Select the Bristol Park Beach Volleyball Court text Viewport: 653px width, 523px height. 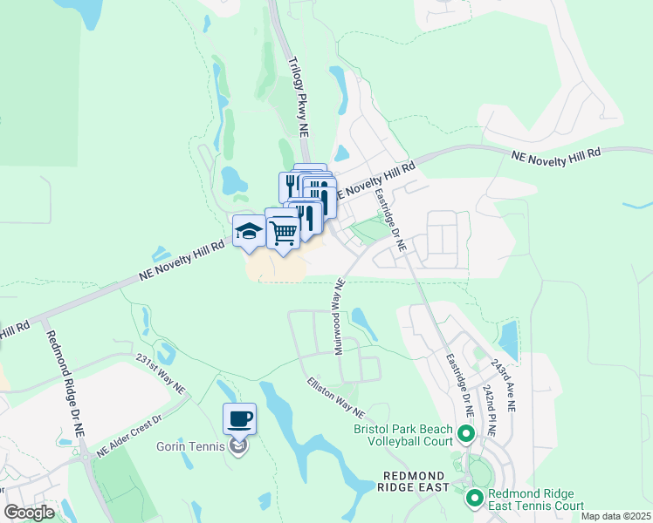pyautogui.click(x=402, y=435)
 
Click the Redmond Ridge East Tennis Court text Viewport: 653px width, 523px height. pyautogui.click(x=536, y=499)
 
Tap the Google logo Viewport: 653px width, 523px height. pyautogui.click(x=29, y=512)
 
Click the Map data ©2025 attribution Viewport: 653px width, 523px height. pyautogui.click(x=615, y=516)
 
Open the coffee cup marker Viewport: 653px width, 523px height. pyautogui.click(x=239, y=419)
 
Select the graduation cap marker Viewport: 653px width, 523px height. pyautogui.click(x=249, y=231)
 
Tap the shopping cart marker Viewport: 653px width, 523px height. pyautogui.click(x=284, y=233)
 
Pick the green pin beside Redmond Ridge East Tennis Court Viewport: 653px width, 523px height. pyautogui.click(x=475, y=499)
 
